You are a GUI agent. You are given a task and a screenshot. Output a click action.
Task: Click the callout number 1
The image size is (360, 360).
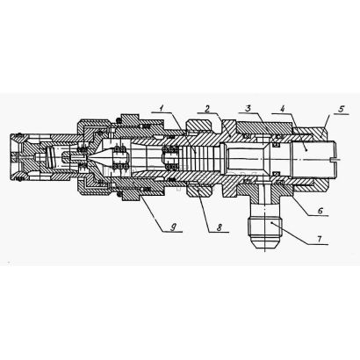click(162, 108)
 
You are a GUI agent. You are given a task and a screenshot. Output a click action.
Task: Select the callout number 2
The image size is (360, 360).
click(207, 109)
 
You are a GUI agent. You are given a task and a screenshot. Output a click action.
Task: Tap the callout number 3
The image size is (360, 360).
click(248, 108)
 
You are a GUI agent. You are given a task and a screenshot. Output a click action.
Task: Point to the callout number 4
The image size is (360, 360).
click(282, 109)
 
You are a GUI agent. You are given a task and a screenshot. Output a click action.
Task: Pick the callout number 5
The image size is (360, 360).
click(342, 109)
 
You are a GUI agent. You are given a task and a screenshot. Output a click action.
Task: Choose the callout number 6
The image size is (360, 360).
click(320, 210)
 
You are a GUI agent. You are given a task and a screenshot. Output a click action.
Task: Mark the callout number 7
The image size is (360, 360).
click(320, 239)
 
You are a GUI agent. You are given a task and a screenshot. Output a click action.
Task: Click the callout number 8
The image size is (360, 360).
click(220, 227)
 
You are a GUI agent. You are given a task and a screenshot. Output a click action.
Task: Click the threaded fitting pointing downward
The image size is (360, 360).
click(264, 227)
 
